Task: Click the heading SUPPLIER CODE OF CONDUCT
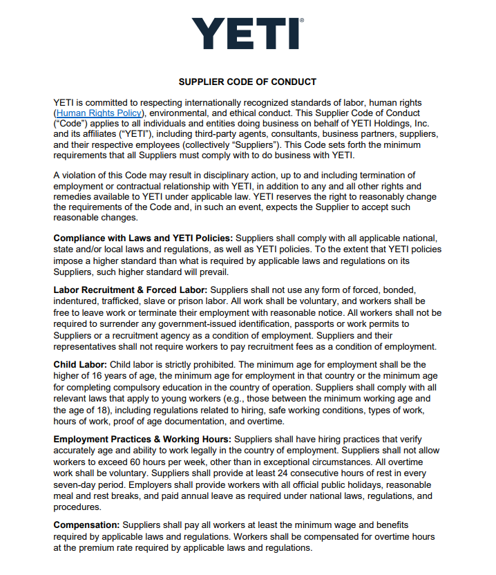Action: pos(247,82)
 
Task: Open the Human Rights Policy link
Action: pos(99,113)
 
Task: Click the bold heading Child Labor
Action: pos(80,364)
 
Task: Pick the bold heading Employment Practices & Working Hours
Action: pos(143,439)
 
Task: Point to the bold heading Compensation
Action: pos(87,525)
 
